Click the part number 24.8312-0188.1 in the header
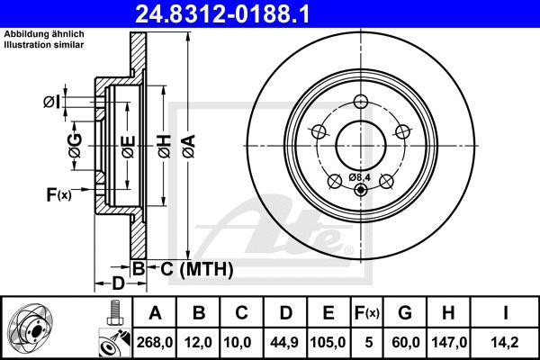[x=222, y=14]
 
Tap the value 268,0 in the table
[x=155, y=342]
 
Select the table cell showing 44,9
[x=284, y=342]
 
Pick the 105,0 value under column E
[x=328, y=342]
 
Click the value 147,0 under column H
[x=449, y=342]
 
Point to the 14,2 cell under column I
[x=505, y=342]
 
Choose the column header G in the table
[x=405, y=313]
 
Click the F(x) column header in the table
[x=367, y=313]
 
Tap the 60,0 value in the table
[x=406, y=342]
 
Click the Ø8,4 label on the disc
[x=359, y=177]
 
